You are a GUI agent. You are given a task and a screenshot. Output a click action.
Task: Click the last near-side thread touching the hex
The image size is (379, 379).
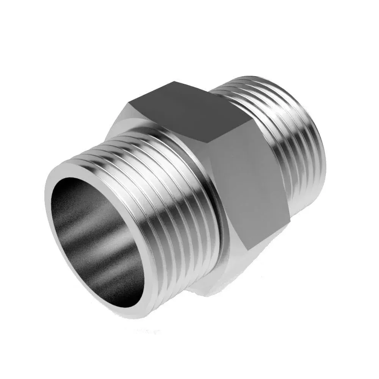click(212, 197)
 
